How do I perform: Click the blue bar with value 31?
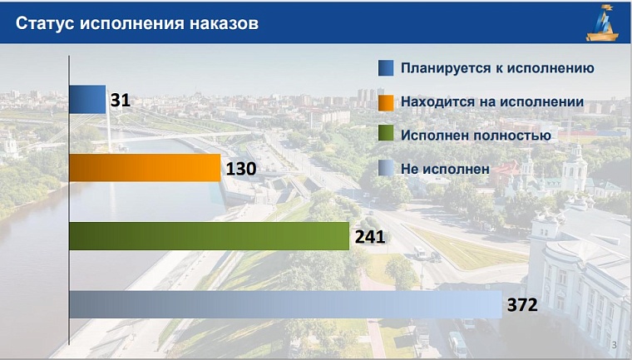87,99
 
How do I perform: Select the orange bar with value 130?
145,167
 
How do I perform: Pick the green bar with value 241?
209,236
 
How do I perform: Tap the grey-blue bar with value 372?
285,304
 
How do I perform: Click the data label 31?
121,101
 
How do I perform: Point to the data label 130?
240,169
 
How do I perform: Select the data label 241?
369,237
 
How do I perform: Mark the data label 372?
523,305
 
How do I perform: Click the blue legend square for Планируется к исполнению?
385,68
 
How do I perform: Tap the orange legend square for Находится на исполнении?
385,102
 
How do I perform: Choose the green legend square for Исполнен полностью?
385,135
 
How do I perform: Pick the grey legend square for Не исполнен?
385,169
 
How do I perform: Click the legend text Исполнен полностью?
476,135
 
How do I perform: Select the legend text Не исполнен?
445,169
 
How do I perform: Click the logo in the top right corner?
604,22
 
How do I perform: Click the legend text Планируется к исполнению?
497,68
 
